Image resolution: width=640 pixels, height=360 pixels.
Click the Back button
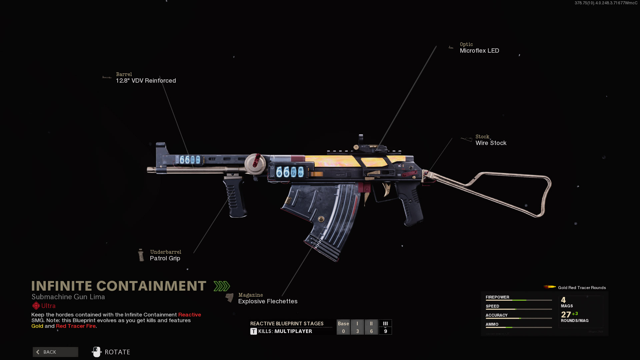(x=55, y=352)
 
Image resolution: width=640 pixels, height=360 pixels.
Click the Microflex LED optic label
(x=479, y=51)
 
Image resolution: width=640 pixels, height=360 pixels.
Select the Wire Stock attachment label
(x=491, y=143)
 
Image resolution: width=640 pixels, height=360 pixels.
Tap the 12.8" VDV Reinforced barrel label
(x=146, y=81)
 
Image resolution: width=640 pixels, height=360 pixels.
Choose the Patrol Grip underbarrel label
(x=165, y=258)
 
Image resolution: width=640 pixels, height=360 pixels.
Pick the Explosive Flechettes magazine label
(x=268, y=301)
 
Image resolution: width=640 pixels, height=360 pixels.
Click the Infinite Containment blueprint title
(x=119, y=286)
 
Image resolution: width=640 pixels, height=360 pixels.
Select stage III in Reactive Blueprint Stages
(x=385, y=327)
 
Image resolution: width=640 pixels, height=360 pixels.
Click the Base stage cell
(x=343, y=327)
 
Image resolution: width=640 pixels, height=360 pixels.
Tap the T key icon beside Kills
(x=254, y=331)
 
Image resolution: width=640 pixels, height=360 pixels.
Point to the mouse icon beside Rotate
(x=97, y=352)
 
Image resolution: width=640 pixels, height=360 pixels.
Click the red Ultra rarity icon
(x=36, y=306)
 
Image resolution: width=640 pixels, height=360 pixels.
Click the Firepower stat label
(x=497, y=297)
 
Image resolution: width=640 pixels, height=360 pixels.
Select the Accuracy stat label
(x=496, y=315)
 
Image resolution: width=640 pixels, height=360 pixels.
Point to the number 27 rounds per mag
(x=566, y=314)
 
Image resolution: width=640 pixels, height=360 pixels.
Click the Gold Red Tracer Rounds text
(x=582, y=288)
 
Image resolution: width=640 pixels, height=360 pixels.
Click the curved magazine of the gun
(x=320, y=217)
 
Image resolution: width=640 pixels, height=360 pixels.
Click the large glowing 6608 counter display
(x=290, y=172)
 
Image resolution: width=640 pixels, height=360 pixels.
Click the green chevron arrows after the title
(x=222, y=286)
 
